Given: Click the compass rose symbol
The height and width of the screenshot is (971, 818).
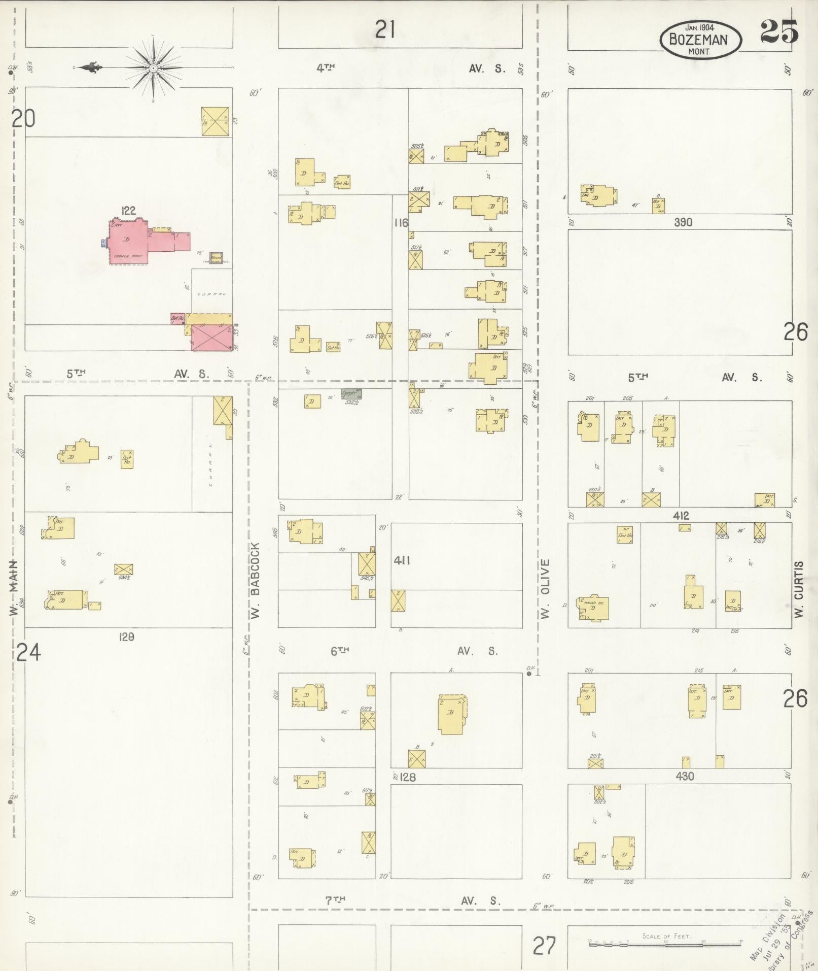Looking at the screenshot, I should tap(153, 68).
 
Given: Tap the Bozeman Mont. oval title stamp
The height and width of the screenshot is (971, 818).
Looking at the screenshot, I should tap(700, 40).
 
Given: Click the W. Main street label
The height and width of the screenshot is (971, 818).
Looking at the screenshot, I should tap(14, 588).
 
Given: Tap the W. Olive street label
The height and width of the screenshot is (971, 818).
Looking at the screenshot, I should tap(545, 589).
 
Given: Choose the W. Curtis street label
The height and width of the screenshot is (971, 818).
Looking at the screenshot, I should tap(800, 589).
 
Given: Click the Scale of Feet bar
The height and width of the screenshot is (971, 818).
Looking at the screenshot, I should tap(665, 944).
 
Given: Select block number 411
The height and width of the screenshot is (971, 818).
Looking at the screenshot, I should tap(402, 560).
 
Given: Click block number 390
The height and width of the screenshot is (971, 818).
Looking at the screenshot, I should tap(683, 222).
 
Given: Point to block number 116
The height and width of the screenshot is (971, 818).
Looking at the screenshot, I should tap(401, 222).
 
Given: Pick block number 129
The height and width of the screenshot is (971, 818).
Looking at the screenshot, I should tap(126, 637).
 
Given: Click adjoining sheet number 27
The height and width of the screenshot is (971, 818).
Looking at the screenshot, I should tap(545, 946).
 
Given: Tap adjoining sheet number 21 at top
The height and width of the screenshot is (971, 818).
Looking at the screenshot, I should tap(385, 30).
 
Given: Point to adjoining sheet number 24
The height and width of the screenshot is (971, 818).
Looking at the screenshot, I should tap(28, 653).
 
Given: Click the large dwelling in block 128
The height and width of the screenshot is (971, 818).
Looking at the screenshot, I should tap(451, 714).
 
